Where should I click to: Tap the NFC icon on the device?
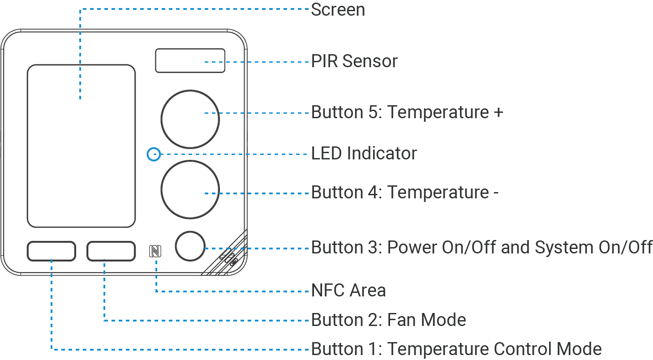[155, 251]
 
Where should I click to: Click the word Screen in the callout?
[338, 9]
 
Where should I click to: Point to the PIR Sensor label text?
[354, 61]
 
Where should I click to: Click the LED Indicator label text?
[364, 153]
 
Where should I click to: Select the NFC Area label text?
[348, 290]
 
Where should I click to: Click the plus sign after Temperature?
[498, 112]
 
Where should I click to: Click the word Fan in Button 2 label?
[401, 320]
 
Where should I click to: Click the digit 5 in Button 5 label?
[374, 112]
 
